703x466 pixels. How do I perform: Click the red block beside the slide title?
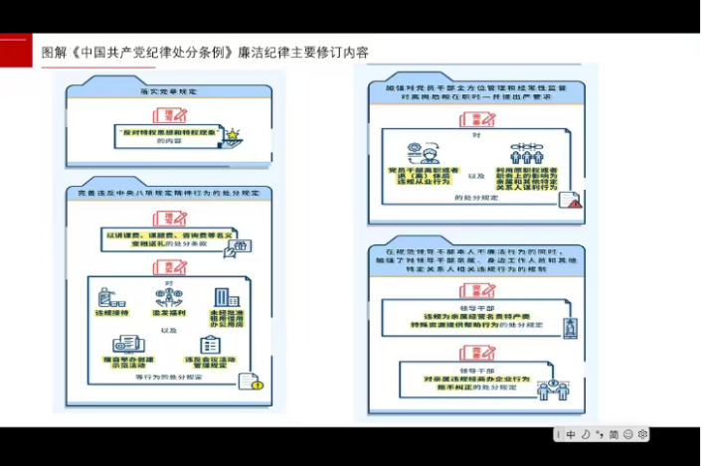point(14,51)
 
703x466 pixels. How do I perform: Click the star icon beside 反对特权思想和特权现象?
point(232,134)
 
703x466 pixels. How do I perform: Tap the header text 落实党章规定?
point(168,92)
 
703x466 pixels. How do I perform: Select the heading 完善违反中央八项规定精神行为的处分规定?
point(169,193)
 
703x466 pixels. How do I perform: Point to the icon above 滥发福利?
point(166,296)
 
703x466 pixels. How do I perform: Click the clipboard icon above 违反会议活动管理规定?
point(210,343)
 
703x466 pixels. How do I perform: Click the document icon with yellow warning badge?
point(250,382)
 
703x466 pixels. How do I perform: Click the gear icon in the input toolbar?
point(643,434)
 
